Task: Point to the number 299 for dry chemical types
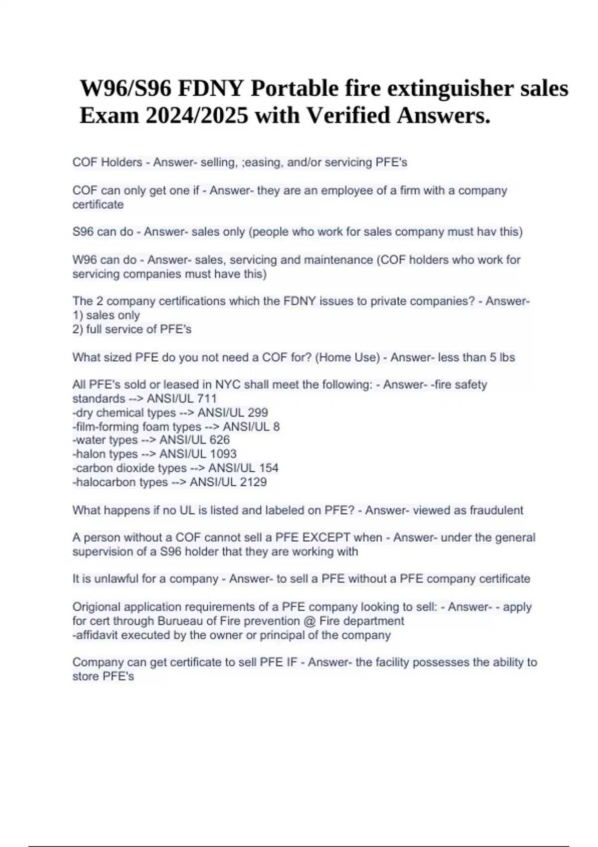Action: coord(258,413)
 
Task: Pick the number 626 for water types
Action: coord(220,440)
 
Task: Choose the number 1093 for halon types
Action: coord(223,454)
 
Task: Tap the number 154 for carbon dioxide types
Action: coord(269,468)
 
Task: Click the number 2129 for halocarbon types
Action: coord(253,482)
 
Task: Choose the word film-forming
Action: coord(106,426)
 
